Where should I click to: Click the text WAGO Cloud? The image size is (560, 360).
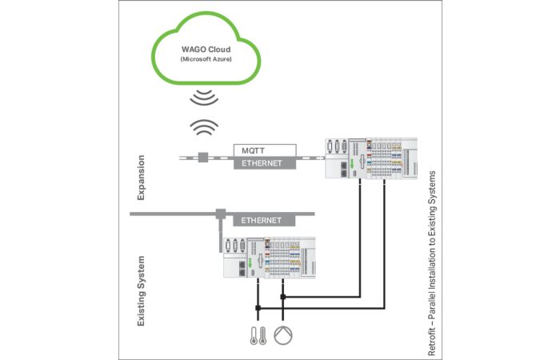click(x=206, y=50)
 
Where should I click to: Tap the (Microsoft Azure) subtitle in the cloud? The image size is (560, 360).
click(x=206, y=59)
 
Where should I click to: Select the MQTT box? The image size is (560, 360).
click(x=265, y=150)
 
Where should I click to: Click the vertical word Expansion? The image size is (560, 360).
click(x=142, y=178)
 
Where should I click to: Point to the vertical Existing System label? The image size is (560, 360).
click(x=142, y=290)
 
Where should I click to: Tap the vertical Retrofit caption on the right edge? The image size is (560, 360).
click(x=432, y=263)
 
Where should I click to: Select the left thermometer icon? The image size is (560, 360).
click(x=254, y=336)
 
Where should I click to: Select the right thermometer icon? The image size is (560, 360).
click(x=262, y=336)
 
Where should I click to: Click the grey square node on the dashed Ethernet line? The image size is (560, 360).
click(x=203, y=158)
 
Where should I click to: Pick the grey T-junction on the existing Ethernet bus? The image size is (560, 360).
click(x=221, y=214)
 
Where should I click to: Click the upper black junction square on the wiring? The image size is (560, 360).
click(x=283, y=297)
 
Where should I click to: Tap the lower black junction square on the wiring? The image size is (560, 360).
click(x=258, y=308)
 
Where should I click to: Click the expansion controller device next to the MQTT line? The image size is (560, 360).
click(x=371, y=158)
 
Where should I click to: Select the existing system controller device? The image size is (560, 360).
click(x=270, y=258)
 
